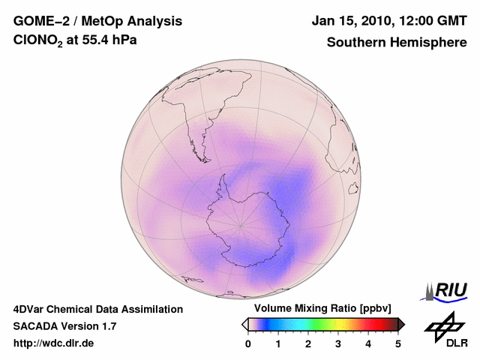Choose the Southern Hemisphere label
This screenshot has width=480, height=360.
coord(397,42)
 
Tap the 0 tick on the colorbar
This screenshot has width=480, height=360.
coord(248,343)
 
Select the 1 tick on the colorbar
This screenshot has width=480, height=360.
coord(278,343)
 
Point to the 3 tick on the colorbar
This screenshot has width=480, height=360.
coord(338,343)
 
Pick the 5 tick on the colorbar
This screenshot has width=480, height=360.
coord(398,343)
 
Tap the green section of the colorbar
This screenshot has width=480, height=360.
coord(319,324)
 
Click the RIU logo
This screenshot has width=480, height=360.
coord(448,290)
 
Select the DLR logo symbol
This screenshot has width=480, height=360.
coord(442,324)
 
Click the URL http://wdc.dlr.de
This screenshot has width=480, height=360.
coord(54,343)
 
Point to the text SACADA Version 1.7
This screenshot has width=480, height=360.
coord(64,326)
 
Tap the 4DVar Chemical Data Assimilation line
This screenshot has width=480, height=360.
coord(97,309)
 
